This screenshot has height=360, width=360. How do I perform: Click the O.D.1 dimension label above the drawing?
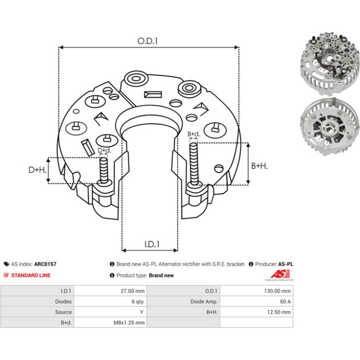(147, 41)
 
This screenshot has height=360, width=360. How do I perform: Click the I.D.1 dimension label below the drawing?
(152, 244)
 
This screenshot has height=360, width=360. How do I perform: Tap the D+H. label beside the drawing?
(37, 170)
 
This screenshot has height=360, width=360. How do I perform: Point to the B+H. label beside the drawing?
(259, 166)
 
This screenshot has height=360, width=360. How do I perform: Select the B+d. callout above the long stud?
(194, 134)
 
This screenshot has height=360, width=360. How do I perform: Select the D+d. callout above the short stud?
(104, 151)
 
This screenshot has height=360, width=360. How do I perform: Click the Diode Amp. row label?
(204, 302)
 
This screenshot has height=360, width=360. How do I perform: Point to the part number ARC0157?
(45, 264)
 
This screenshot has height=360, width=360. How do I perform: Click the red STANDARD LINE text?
(31, 275)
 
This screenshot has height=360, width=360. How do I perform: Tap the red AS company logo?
(280, 274)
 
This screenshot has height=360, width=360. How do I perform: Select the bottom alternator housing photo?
(330, 127)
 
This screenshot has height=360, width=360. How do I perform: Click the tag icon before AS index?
(7, 264)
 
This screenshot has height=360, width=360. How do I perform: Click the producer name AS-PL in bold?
(286, 264)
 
